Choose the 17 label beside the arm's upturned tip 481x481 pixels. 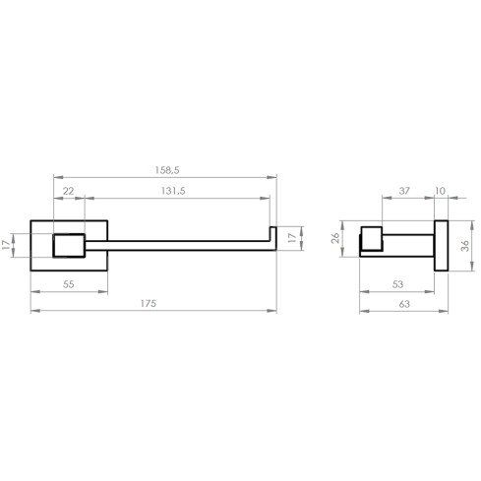point(291,237)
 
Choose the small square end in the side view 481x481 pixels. point(372,240)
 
